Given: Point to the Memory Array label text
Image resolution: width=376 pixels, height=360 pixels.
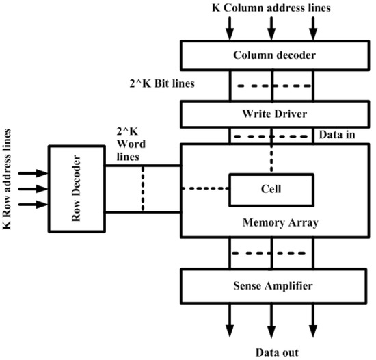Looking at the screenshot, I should point(272,222).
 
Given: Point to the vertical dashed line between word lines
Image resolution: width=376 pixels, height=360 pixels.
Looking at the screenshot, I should point(142,188).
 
